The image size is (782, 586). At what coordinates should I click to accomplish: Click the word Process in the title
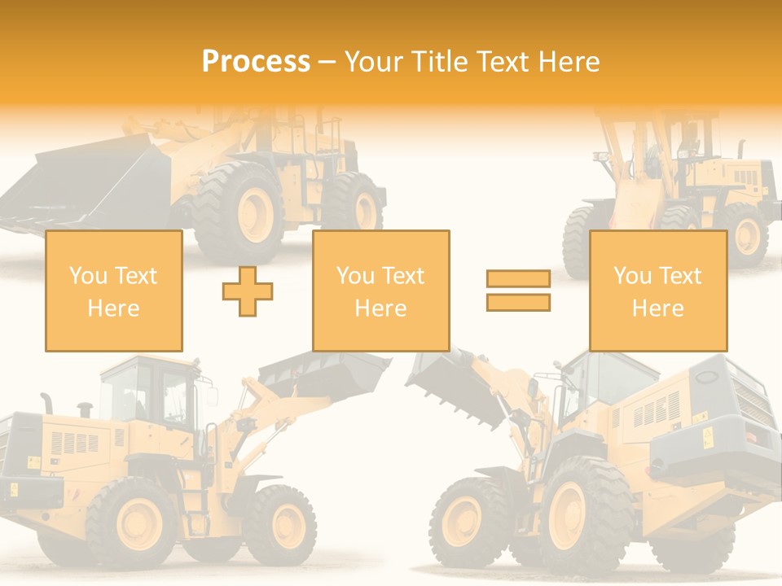click(256, 62)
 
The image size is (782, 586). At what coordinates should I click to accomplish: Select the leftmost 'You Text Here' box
click(113, 291)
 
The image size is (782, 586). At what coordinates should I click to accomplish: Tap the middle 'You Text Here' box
click(380, 291)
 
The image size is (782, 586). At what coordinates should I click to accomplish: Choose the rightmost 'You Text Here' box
click(657, 291)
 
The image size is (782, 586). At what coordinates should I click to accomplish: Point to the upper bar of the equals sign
click(518, 279)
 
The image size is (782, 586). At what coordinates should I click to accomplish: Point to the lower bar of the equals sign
click(518, 302)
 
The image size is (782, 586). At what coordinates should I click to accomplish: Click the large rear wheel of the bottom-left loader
click(134, 521)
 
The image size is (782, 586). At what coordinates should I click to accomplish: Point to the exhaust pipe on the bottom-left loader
click(46, 402)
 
